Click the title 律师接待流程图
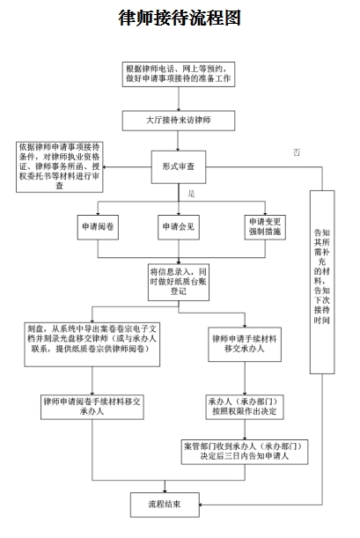[x=180, y=18]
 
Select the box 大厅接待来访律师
[x=179, y=121]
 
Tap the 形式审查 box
[x=179, y=166]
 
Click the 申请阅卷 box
[x=98, y=227]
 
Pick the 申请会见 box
[x=179, y=227]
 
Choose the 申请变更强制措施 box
[x=265, y=227]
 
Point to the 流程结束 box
[x=165, y=505]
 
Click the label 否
[x=297, y=152]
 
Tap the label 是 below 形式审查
[x=191, y=194]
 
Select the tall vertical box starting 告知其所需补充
[x=322, y=282]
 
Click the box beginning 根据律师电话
[x=179, y=74]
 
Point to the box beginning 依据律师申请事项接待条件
[x=60, y=167]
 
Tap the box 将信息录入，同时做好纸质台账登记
[x=179, y=282]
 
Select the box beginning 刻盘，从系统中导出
[x=92, y=344]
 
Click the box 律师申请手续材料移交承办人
[x=245, y=344]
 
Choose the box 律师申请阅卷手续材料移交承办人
[x=92, y=407]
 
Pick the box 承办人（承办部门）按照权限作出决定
[x=245, y=407]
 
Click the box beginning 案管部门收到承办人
[x=245, y=452]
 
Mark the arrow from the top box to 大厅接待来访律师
[x=179, y=99]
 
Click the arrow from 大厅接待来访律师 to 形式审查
[x=178, y=141]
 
